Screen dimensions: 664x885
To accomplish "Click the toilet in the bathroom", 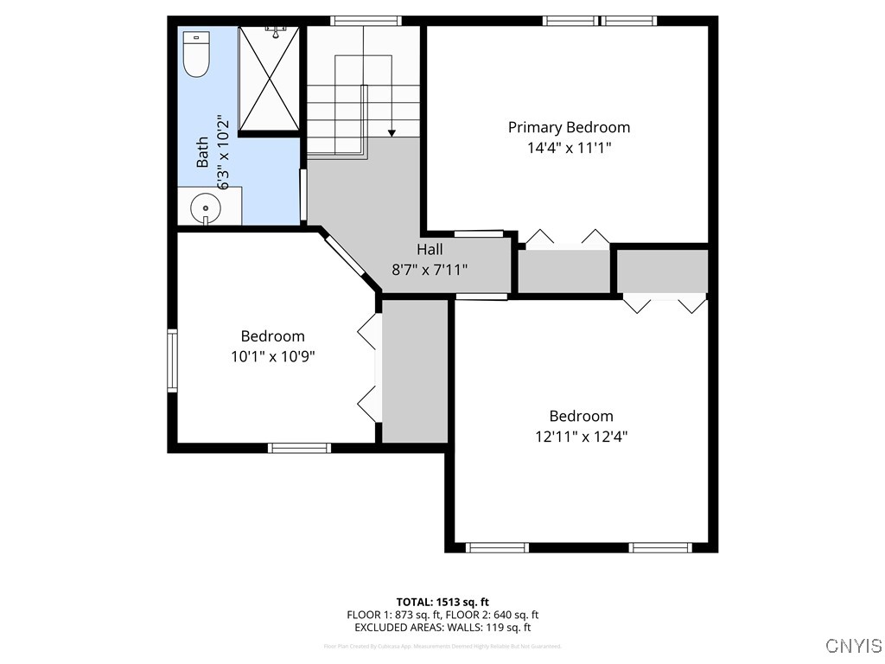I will point(196,54).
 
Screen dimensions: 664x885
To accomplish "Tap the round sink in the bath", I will point(206,208).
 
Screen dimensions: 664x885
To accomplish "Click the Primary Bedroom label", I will point(569,127).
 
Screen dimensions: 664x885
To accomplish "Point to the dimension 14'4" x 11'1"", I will point(569,148).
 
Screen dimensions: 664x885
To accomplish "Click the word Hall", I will point(430,250).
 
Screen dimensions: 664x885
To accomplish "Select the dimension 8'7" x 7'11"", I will point(430,269).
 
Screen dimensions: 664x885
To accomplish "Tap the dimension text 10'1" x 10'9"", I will point(272,355).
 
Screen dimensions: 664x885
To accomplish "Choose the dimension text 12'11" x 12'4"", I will point(581,437).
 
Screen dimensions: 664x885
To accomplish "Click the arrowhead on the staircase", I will point(392,132).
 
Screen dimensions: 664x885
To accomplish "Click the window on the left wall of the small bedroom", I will point(173,361).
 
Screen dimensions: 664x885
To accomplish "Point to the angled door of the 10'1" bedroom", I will point(346,262).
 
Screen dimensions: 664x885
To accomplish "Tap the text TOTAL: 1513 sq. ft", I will point(442,602).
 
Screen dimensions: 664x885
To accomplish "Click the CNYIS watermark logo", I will point(853,646).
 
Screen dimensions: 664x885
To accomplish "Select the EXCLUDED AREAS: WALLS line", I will point(442,628).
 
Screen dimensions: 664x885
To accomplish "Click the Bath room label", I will point(202,152).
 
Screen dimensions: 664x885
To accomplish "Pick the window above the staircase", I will point(366,21).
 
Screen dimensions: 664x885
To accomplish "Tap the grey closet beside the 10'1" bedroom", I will point(415,370).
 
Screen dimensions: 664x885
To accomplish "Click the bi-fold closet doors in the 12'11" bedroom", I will point(665,304).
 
